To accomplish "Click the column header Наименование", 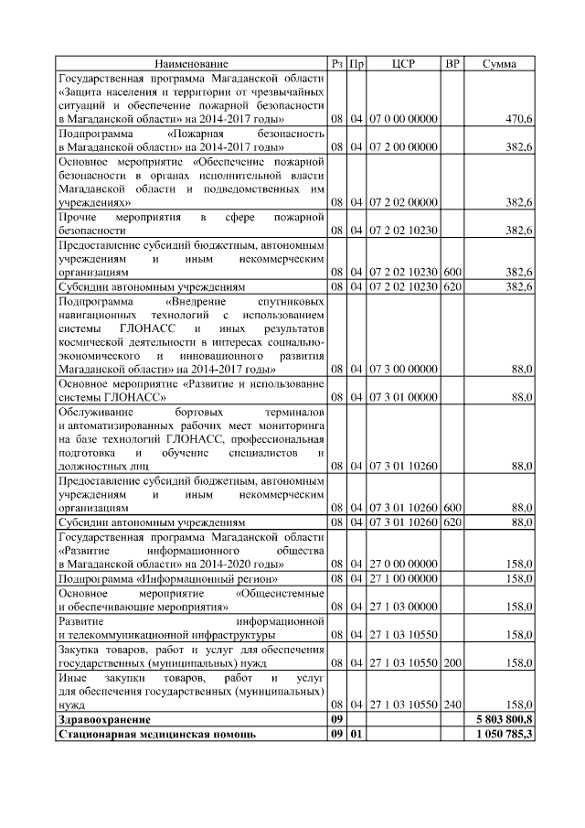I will pyautogui.click(x=191, y=64).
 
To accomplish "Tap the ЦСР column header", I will pyautogui.click(x=403, y=64).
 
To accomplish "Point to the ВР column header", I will pyautogui.click(x=452, y=64).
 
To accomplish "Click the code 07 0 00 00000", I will pyautogui.click(x=403, y=119).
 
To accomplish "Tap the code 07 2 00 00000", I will pyautogui.click(x=403, y=146).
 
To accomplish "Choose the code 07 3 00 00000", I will pyautogui.click(x=403, y=369).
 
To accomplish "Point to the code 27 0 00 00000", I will pyautogui.click(x=403, y=565).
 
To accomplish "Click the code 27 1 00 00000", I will pyautogui.click(x=403, y=578).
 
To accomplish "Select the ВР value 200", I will pyautogui.click(x=452, y=661).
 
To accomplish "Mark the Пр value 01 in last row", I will pyautogui.click(x=357, y=735).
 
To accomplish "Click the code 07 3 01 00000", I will pyautogui.click(x=403, y=397).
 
